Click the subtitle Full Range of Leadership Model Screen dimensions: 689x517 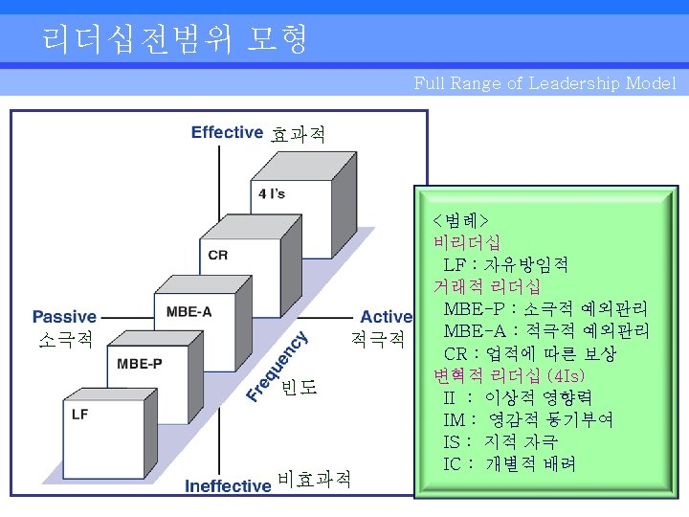pyautogui.click(x=545, y=83)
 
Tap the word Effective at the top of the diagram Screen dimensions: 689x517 pyautogui.click(x=227, y=132)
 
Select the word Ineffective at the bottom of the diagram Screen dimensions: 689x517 pyautogui.click(x=228, y=485)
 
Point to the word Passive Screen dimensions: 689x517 pyautogui.click(x=64, y=317)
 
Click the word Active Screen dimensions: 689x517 pyautogui.click(x=386, y=317)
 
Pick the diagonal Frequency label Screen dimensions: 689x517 pyautogui.click(x=277, y=365)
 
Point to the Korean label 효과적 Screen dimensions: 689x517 pyautogui.click(x=298, y=134)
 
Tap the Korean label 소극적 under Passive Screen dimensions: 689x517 pyautogui.click(x=64, y=339)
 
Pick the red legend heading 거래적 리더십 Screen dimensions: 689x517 pyautogui.click(x=487, y=285)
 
